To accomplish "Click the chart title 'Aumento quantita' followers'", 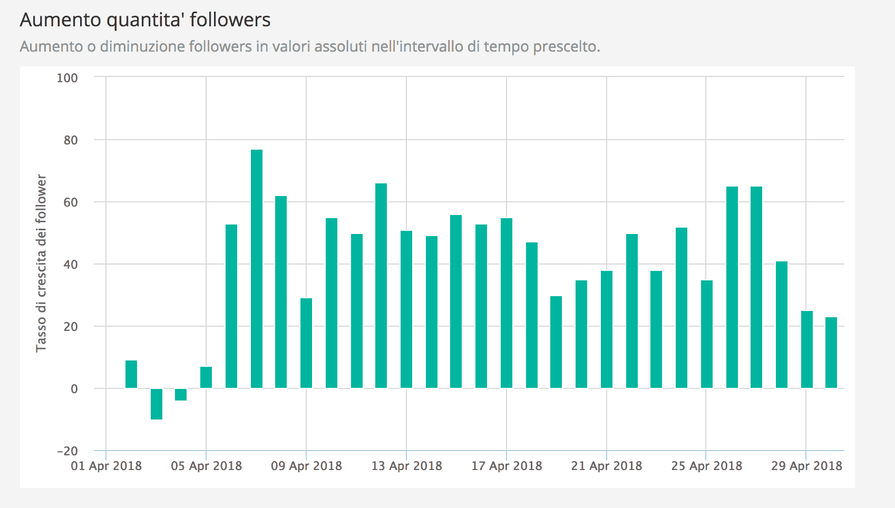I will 145,20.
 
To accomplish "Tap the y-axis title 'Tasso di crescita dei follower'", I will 41,263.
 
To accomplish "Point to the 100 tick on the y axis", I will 67,78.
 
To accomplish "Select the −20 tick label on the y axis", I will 67,451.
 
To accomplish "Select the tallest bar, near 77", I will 257,269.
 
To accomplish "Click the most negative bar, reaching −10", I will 157,404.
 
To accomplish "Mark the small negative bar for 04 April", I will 181,395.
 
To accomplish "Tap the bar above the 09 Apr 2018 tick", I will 306,343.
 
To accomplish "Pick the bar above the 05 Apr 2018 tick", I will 206,377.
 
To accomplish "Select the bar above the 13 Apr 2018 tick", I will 406,309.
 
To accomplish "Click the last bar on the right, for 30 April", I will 831,353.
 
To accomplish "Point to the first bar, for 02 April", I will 131,375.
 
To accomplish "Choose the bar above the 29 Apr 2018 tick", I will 807,349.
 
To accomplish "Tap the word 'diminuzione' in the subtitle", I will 134,47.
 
